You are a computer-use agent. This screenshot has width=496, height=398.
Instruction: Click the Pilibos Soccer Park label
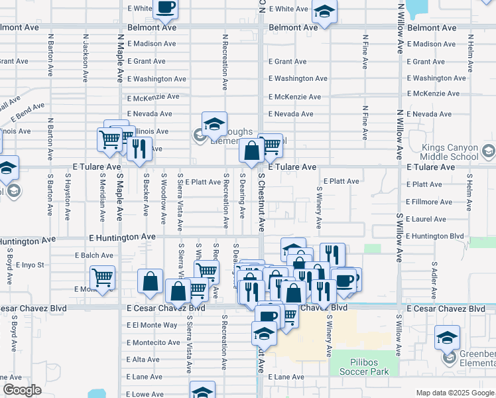pos(369,367)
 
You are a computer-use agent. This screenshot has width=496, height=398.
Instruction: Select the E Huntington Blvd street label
pos(434,235)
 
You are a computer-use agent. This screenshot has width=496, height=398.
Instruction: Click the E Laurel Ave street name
pos(427,218)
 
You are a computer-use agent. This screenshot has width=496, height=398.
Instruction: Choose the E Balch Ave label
pos(94,255)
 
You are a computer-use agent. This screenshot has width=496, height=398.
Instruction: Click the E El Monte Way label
pos(152,325)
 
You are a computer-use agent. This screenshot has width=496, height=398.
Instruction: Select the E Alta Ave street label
pos(143,360)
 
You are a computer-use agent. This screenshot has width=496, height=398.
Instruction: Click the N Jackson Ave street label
pos(86,58)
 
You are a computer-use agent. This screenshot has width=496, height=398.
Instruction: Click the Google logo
pos(22,390)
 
